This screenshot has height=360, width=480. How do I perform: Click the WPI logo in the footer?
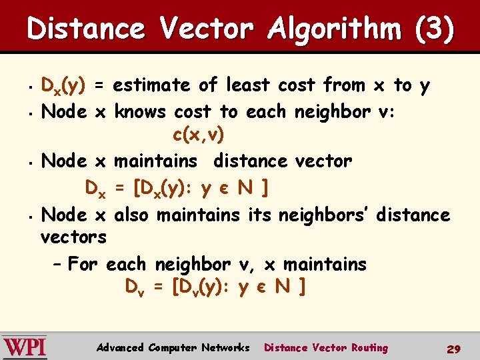pos(25,347)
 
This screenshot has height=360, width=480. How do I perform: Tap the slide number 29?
pos(454,349)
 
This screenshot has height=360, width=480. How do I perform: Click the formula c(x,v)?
pos(199,135)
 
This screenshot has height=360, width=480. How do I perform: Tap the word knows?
pos(141,111)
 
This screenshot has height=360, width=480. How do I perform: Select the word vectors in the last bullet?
pos(73,237)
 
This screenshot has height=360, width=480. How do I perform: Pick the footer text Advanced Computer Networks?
pos(173,347)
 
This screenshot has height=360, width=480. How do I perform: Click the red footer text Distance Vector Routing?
pos(326,347)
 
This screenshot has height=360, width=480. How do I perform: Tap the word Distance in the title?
pos(86,29)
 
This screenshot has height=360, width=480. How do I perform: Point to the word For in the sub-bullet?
pos(83,264)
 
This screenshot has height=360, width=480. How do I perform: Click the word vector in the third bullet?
pos(324,161)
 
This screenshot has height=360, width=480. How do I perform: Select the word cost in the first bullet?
pos(297,85)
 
